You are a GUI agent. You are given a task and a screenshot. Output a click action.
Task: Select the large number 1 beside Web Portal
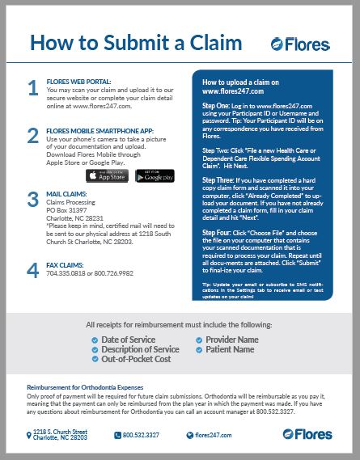32,89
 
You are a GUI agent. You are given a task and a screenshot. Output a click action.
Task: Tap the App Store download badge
107,176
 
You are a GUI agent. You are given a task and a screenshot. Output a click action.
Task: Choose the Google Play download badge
155,176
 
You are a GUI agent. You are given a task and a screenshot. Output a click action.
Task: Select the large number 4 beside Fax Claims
32,272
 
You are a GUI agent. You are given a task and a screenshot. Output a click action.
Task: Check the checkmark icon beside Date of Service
95,340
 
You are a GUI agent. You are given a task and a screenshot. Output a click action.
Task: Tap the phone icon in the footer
116,435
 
